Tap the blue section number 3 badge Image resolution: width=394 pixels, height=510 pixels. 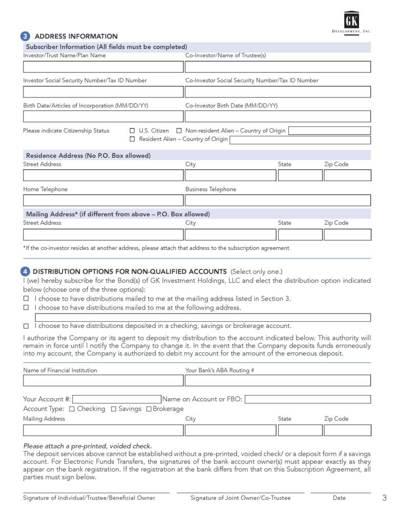coord(25,36)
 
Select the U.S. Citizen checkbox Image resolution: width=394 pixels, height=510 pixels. coord(132,131)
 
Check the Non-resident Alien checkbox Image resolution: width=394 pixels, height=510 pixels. coord(179,131)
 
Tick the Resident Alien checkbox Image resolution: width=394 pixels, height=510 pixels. coord(132,139)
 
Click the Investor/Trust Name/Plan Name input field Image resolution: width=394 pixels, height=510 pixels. coord(103,67)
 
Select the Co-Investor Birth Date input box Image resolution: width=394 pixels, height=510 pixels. coord(278,117)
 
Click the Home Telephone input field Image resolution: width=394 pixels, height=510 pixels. coord(103,201)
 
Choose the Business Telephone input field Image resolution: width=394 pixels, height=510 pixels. coord(278,201)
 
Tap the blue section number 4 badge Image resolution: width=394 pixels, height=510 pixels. coord(25,271)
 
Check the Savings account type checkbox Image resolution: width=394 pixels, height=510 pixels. coord(114,409)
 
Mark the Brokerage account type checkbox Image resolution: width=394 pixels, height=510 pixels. coord(149,409)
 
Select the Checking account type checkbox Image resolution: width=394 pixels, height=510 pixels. coord(72,409)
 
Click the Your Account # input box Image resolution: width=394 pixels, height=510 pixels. coord(116,399)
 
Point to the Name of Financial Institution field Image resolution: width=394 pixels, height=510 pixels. coord(103,381)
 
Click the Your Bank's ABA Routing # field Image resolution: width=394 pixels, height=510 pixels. coord(278,381)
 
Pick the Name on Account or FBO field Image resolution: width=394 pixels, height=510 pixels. coord(307,399)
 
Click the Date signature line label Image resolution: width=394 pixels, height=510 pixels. coord(339,498)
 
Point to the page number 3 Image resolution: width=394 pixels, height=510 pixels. coord(384,498)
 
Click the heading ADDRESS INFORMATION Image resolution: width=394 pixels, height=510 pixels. coord(76,36)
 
